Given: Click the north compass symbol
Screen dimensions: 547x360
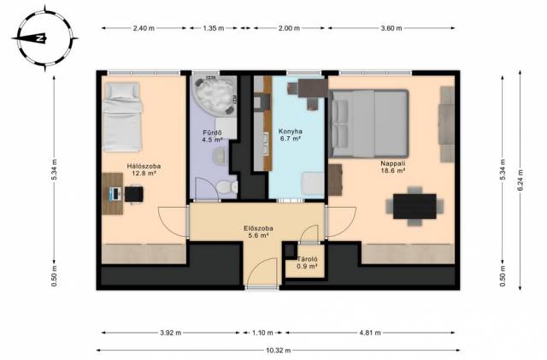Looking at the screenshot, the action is pyautogui.click(x=45, y=38).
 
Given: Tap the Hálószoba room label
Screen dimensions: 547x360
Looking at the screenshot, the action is pyautogui.click(x=144, y=169).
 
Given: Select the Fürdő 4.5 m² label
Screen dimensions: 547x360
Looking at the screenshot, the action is pyautogui.click(x=212, y=136).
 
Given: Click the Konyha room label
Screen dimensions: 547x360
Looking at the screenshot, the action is pyautogui.click(x=291, y=135).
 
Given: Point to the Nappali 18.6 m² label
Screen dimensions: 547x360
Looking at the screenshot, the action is pyautogui.click(x=393, y=167).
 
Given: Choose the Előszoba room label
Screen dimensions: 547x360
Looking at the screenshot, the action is pyautogui.click(x=258, y=232).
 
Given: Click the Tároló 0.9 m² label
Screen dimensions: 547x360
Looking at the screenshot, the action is pyautogui.click(x=307, y=263).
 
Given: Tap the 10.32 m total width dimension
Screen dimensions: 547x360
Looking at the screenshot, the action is pyautogui.click(x=278, y=351).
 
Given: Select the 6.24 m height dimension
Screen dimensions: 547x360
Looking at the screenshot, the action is pyautogui.click(x=521, y=180).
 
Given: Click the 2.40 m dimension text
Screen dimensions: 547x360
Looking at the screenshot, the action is pyautogui.click(x=144, y=28).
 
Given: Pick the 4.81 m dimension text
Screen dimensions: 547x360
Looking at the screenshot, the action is pyautogui.click(x=370, y=333).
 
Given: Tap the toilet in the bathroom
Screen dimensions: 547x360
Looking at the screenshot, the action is pyautogui.click(x=227, y=187).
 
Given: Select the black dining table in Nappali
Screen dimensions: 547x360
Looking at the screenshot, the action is pyautogui.click(x=415, y=206).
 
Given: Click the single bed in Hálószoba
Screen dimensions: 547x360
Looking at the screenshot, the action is pyautogui.click(x=122, y=117).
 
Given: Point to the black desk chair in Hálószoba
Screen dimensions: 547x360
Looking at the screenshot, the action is pyautogui.click(x=134, y=194).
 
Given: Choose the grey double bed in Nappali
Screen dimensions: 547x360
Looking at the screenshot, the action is pyautogui.click(x=368, y=123).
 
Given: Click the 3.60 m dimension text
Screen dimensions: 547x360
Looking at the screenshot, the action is pyautogui.click(x=391, y=28).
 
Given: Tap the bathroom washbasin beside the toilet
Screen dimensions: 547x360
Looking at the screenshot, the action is pyautogui.click(x=220, y=156).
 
